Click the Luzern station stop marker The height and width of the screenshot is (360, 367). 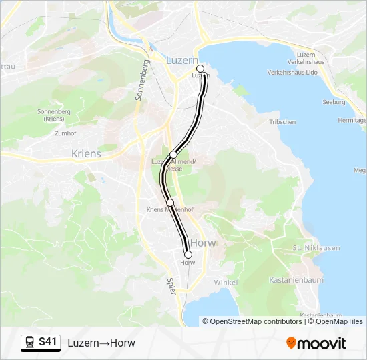(x=200, y=69)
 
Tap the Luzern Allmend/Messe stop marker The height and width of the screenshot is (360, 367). (x=173, y=155)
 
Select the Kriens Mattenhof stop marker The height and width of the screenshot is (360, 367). (x=170, y=202)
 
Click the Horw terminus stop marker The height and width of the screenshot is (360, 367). (x=188, y=255)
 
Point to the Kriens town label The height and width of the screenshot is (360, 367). (x=86, y=154)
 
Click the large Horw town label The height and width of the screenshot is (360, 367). (x=204, y=243)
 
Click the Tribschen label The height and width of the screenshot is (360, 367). (x=282, y=122)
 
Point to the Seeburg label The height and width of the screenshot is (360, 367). (x=334, y=102)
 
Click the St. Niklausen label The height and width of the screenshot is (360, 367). (x=316, y=249)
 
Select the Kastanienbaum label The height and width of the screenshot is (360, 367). (x=298, y=280)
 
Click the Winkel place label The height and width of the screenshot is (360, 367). (x=226, y=283)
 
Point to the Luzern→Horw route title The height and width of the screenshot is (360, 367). (x=101, y=343)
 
